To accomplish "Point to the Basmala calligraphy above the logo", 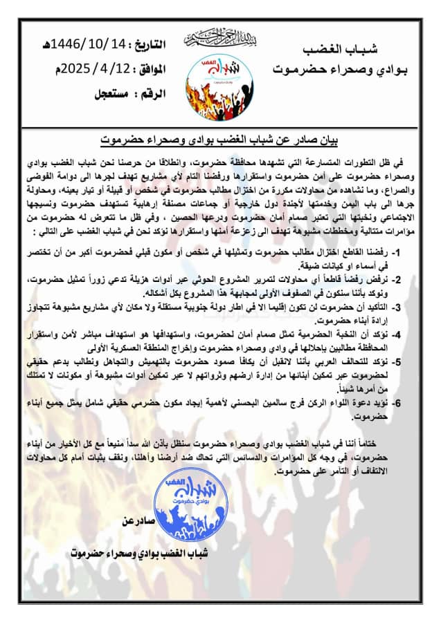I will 219,37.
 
